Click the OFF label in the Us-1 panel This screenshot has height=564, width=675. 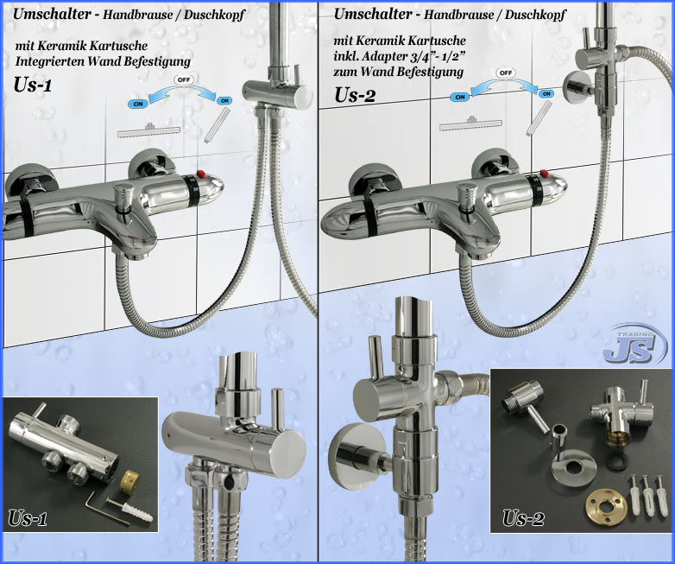(x=184, y=80)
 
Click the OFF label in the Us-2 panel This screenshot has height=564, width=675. (x=505, y=73)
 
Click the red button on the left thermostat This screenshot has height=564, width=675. (x=199, y=174)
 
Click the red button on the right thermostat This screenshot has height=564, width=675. (x=544, y=174)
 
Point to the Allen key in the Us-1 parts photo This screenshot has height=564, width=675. (x=104, y=508)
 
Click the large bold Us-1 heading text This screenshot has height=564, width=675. (x=33, y=85)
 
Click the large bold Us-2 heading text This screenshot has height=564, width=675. (x=355, y=95)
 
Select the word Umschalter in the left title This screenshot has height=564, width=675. (x=52, y=14)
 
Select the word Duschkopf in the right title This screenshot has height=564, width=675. (x=535, y=15)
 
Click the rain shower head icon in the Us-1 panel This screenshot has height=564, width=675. (x=149, y=132)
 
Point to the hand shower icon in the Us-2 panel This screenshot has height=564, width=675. (x=539, y=118)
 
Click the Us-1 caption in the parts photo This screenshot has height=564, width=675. (x=27, y=518)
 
